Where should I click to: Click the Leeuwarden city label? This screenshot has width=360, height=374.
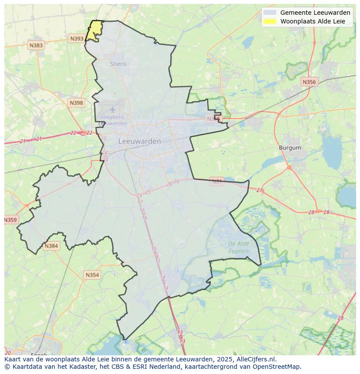(140, 141)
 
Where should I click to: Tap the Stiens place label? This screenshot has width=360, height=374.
(118, 64)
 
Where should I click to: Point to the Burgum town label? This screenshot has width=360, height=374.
(290, 148)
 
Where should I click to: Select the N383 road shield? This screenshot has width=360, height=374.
(36, 45)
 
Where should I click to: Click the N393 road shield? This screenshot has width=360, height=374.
(77, 39)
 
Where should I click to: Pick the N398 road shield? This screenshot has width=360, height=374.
(76, 103)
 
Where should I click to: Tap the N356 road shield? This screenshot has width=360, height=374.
(309, 82)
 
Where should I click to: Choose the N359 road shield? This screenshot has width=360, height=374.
(10, 220)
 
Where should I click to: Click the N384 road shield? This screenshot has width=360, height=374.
(51, 246)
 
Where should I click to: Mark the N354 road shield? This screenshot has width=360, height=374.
(92, 275)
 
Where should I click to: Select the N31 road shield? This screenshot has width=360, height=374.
(217, 181)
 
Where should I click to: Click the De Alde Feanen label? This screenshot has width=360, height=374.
(239, 247)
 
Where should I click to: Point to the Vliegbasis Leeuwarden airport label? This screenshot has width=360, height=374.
(113, 120)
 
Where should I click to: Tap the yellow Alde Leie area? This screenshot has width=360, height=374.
(93, 31)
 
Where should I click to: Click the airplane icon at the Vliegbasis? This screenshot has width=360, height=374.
(113, 109)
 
